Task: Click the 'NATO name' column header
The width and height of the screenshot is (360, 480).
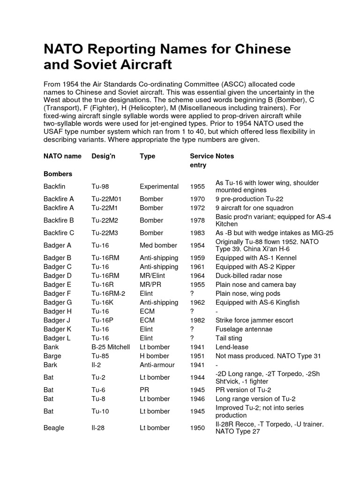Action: [x=62, y=156]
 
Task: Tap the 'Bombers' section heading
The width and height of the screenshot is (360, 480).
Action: [x=58, y=174]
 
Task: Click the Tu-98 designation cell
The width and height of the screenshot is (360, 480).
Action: [x=102, y=187]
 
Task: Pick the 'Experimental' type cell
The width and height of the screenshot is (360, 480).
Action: [x=159, y=187]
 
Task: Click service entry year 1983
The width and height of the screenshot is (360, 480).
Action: [x=197, y=233]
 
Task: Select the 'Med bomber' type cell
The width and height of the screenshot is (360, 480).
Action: [x=158, y=245]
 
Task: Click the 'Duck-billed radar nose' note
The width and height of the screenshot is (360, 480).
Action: [x=248, y=276]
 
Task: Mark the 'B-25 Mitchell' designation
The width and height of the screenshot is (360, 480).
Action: [x=111, y=347]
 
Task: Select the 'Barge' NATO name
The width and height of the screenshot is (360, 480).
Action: [x=53, y=356]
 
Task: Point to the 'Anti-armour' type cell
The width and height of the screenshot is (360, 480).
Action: [x=157, y=365]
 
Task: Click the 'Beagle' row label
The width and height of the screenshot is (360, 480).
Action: [x=54, y=428]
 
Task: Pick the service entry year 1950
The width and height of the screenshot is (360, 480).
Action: [x=197, y=428]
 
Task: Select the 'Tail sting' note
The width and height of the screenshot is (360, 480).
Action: [x=229, y=338]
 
